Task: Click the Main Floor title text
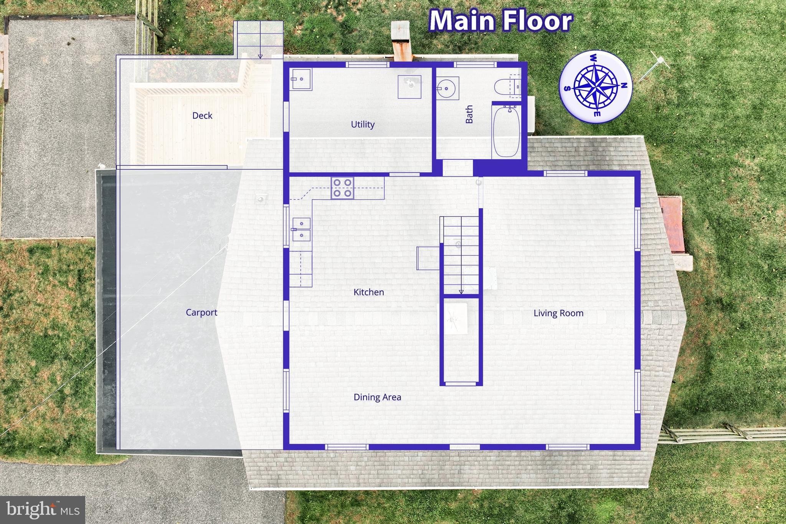coord(500,21)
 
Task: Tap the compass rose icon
coord(595,87)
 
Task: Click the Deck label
coord(202,116)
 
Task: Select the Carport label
coord(201,312)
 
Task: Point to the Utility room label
coord(363,124)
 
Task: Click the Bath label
coord(469,114)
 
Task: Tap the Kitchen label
coord(369,292)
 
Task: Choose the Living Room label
coord(558,313)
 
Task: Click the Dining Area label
coord(377,397)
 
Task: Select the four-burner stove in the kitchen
coord(342,188)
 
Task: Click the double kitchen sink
coord(301,229)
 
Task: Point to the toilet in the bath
coord(506,87)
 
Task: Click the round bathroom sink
coord(447,88)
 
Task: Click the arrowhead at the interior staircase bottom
coord(461,292)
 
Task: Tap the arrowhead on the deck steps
coord(260,57)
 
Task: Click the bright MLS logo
coord(42,509)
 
